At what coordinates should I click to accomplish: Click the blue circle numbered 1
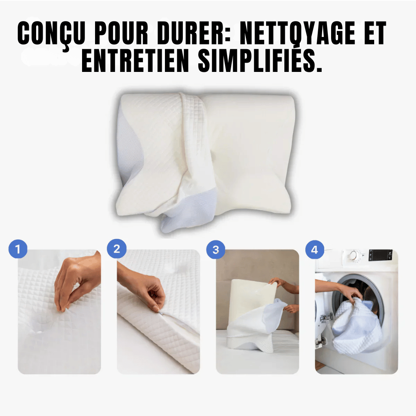pos(18,249)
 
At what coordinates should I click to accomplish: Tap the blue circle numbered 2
pos(117,249)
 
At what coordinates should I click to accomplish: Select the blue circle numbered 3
pos(216,249)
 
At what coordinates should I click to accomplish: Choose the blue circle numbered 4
pos(315,250)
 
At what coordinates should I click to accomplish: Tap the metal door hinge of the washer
pos(326,316)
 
